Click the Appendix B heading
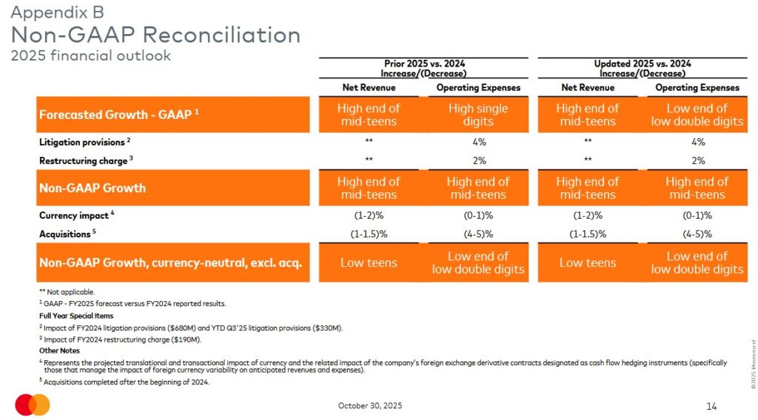coord(57,13)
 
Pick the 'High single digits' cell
coord(478,115)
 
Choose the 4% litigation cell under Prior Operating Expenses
coord(478,142)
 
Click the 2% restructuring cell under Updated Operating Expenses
coord(697,160)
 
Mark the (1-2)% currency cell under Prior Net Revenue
coord(369,215)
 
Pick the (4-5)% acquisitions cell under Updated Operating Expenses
coord(697,234)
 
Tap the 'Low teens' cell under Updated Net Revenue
coord(587,262)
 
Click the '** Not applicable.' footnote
coord(67,292)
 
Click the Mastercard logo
coord(33,404)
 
